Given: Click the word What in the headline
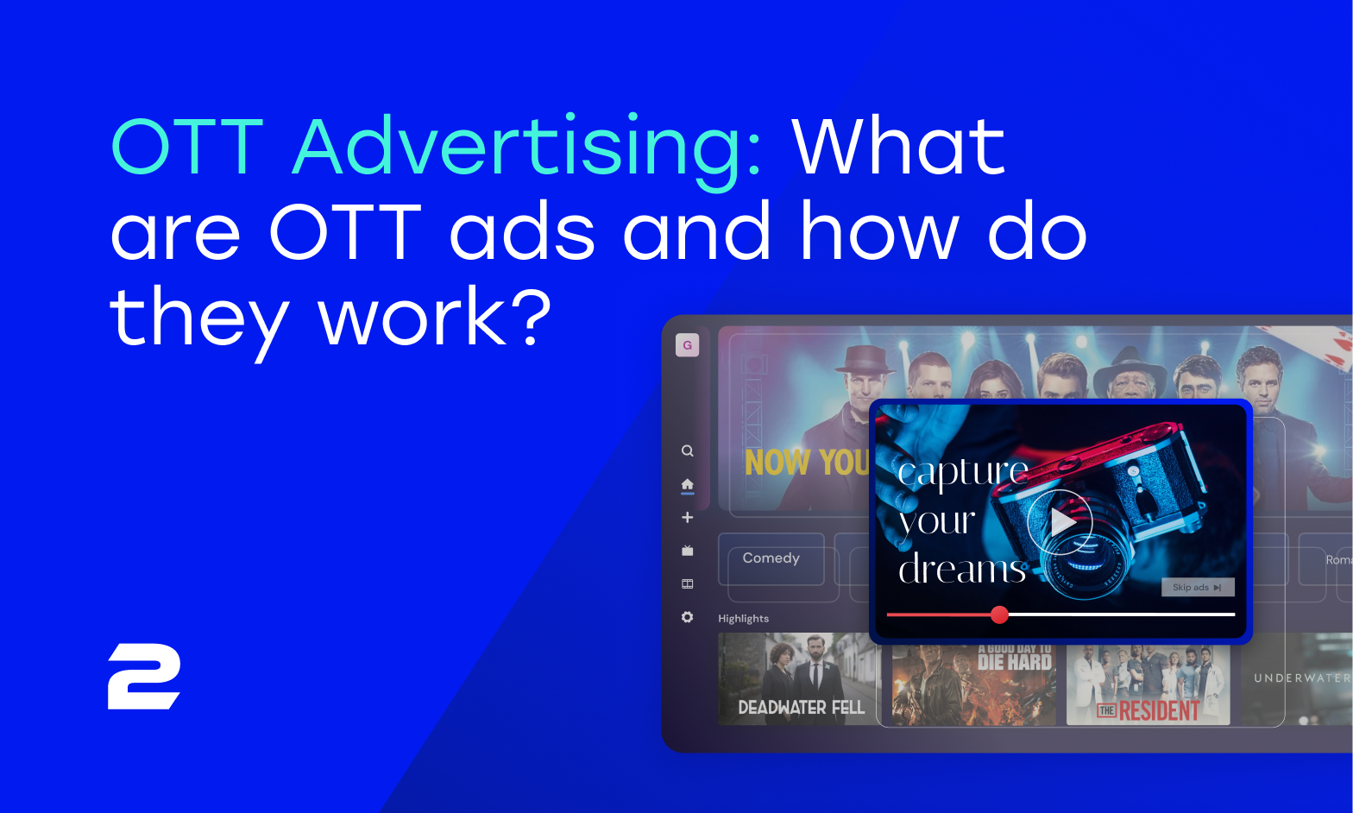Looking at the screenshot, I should (898, 147).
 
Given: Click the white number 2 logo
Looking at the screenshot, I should (144, 677).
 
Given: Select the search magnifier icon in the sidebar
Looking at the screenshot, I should (687, 451).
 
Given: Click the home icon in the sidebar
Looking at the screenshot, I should (687, 484).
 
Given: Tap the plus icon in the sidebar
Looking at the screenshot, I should (687, 517).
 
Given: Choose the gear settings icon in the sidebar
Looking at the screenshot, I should (687, 617).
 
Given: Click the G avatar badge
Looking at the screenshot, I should (687, 345).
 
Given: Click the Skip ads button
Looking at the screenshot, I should (1197, 587).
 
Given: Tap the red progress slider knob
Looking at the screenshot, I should (999, 614).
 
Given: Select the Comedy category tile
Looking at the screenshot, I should (771, 558).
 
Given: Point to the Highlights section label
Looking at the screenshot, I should (743, 619).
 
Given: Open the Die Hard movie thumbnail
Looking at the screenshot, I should (973, 682).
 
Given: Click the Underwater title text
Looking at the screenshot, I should (1301, 678).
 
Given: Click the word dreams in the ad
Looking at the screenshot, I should (962, 570).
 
